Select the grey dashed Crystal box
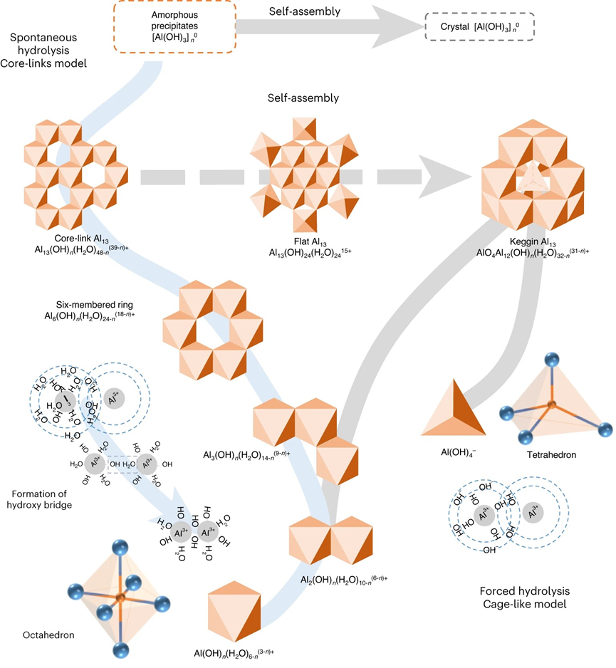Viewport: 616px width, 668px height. pos(479,26)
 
